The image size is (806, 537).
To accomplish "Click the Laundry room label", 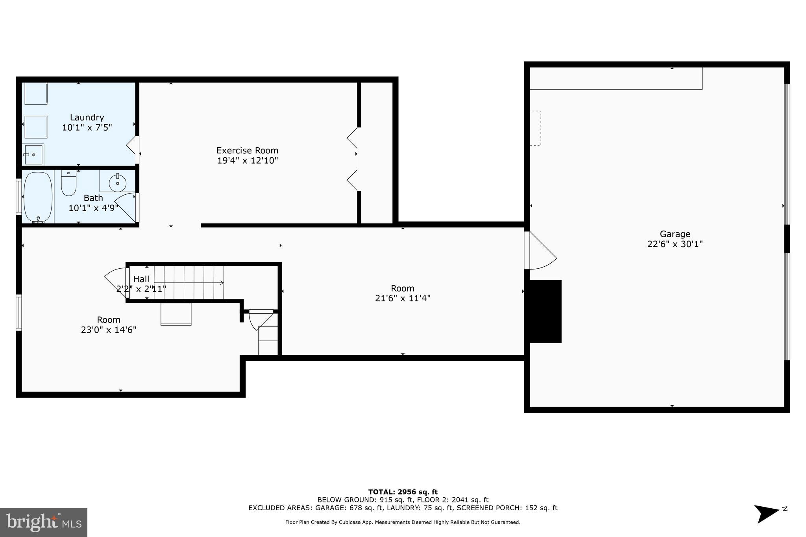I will [x=87, y=117].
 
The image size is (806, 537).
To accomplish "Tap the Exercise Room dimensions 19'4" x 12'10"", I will [x=248, y=161].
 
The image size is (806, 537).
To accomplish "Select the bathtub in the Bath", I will [x=38, y=197].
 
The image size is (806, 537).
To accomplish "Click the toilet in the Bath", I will [x=68, y=184].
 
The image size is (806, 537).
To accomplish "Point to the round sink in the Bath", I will [x=117, y=183].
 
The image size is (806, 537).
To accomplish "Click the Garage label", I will [x=675, y=234].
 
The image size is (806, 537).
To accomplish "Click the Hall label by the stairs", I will [x=141, y=279].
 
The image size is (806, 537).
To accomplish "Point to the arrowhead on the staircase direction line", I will [x=222, y=282].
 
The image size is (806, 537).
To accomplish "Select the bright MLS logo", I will [x=44, y=522].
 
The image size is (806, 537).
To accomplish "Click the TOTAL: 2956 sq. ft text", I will [x=403, y=492].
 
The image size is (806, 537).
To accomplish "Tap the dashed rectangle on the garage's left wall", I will [x=535, y=128].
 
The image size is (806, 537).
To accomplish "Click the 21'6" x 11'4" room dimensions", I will [x=403, y=298].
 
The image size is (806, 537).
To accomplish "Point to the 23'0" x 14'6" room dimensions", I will [x=109, y=330].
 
